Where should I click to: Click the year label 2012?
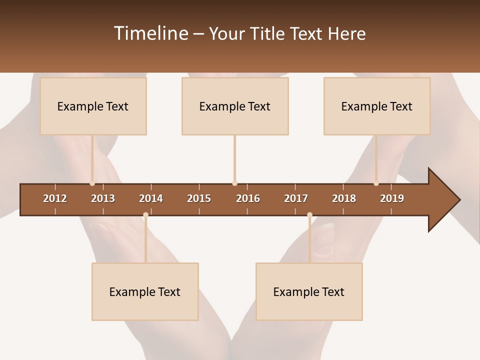(55, 198)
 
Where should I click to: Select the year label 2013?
(103, 198)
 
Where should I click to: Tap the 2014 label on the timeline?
(151, 198)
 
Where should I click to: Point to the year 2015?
(199, 198)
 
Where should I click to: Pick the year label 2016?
(248, 198)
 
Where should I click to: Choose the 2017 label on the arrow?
(296, 198)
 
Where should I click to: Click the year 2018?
(344, 198)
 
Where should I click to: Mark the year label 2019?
(392, 198)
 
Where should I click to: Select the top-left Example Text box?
(93, 106)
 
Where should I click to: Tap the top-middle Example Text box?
(235, 106)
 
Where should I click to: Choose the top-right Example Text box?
(377, 106)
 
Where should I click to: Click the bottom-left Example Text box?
(145, 292)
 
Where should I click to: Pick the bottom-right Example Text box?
(309, 292)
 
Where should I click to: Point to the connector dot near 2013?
(92, 183)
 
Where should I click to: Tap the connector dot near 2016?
(234, 183)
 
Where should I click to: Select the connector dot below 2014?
(145, 215)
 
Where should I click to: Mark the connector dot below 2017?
(309, 215)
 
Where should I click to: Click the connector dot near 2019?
(376, 183)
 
